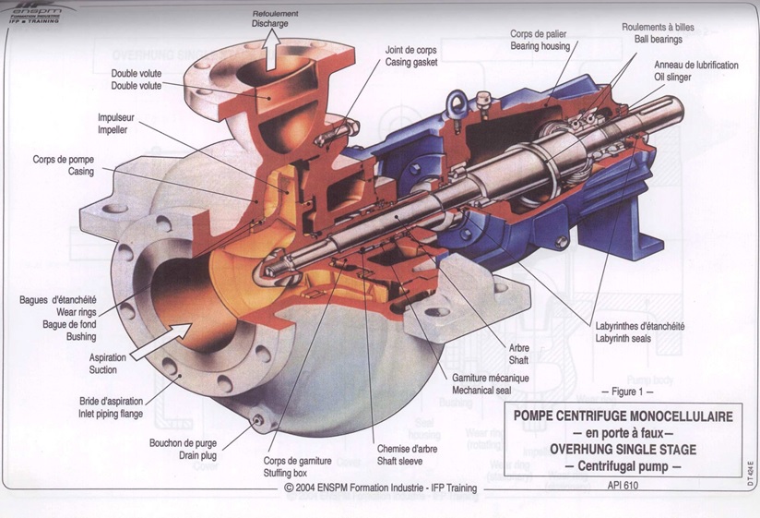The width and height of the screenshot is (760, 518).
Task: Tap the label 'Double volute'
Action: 136,86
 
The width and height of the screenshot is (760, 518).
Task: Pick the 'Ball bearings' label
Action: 657,40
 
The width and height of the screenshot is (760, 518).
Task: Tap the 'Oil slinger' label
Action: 683,77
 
